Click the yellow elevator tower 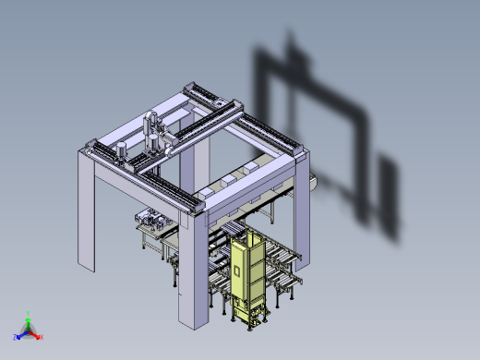(x=247, y=272)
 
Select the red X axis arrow (x=39, y=336)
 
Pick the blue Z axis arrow (x=19, y=336)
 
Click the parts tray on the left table (x=148, y=221)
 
